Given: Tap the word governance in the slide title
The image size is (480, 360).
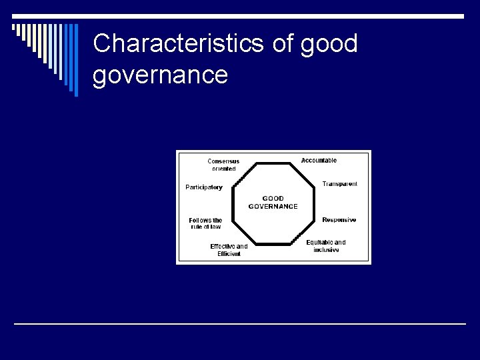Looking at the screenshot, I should point(160,75).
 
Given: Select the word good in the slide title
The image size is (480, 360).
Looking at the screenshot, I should point(329,44).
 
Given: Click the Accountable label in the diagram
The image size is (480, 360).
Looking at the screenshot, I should point(319,161).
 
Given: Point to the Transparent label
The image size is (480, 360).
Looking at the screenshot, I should point(339,184).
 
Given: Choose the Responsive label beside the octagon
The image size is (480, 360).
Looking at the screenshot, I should point(339,220).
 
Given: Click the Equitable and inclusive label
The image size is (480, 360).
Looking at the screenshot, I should point(326,246).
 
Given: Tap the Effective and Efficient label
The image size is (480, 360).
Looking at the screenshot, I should point(229,250).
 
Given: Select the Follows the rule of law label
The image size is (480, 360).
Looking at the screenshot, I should point(205,223).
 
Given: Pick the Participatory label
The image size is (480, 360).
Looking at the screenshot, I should point(204,187).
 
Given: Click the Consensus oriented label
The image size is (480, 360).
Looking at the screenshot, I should point(223,165).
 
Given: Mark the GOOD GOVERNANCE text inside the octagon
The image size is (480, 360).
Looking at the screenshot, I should point(273,203).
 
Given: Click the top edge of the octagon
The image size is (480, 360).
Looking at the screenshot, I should point(273,163).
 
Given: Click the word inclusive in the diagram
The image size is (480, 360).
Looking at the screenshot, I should point(326,250).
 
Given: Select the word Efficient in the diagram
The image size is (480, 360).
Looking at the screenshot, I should point(229,254).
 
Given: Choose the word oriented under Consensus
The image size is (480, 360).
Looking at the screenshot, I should point(223,169).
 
